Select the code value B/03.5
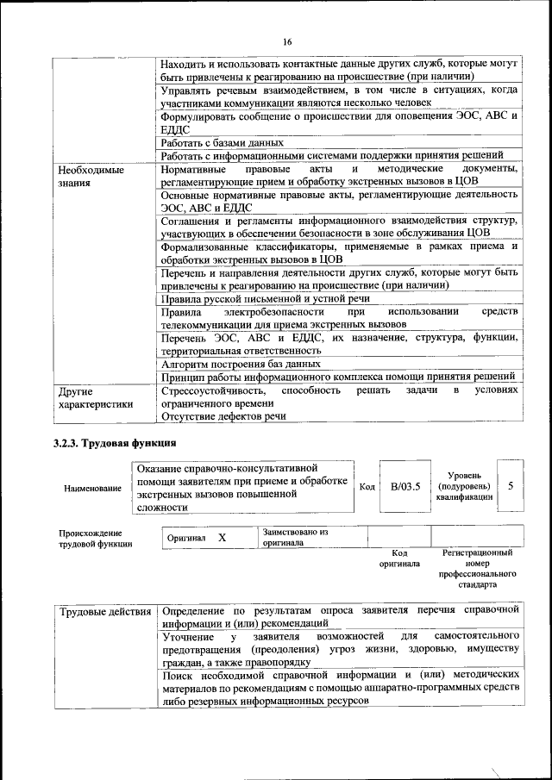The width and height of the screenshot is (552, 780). [x=405, y=487]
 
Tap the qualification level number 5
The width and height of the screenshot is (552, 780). [x=511, y=486]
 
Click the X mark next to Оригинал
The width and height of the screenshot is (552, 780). [x=222, y=538]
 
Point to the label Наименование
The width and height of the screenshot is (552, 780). [x=92, y=489]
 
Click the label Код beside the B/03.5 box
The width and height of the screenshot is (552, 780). [x=367, y=487]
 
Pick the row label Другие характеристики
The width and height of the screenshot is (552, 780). [x=95, y=396]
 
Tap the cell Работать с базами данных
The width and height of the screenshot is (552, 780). [x=222, y=142]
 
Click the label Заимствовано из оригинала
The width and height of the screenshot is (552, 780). [x=296, y=538]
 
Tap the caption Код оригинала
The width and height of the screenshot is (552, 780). [x=399, y=558]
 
